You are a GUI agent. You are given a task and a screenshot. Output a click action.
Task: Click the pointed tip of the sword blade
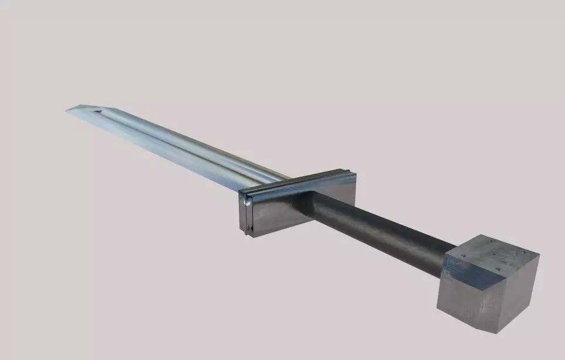[x=68, y=109]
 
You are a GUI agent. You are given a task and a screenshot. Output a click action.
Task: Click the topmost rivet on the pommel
[x=487, y=239]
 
